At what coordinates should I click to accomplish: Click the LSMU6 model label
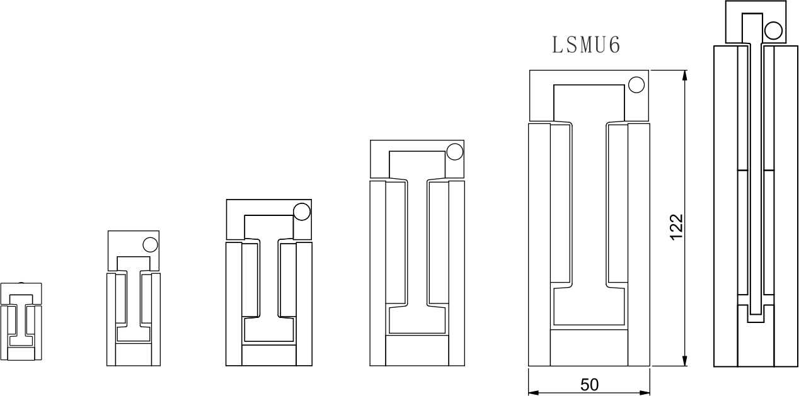tap(586, 45)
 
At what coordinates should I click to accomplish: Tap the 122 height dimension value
tap(677, 227)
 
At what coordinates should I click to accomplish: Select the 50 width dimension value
tap(590, 385)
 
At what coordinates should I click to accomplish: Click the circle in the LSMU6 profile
tap(636, 85)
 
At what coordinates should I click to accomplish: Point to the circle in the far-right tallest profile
tap(774, 30)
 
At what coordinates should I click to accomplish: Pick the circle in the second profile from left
tap(150, 245)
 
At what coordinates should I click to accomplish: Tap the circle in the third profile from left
tap(302, 212)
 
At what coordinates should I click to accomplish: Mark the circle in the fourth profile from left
tap(455, 152)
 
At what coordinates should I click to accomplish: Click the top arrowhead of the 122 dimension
tap(684, 76)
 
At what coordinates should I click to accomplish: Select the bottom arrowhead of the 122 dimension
tap(684, 360)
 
